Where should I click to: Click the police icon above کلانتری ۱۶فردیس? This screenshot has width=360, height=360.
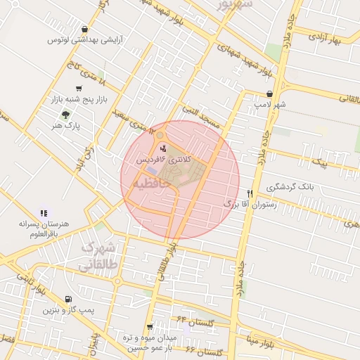[164, 148]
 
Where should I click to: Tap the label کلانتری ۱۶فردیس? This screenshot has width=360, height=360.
[165, 160]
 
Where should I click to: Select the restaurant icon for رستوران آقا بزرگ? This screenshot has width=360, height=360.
[249, 193]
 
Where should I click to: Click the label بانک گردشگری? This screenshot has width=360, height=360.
[290, 188]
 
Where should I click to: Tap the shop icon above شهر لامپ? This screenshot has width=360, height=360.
[269, 93]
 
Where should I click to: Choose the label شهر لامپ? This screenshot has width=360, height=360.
[271, 104]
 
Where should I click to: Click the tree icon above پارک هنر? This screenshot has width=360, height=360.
[65, 114]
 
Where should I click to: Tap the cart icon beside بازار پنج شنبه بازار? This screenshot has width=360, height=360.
[78, 89]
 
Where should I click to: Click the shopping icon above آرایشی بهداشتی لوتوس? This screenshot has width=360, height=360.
[84, 30]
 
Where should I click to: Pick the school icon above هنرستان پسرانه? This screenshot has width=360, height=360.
[44, 212]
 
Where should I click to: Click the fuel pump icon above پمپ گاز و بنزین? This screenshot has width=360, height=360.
[67, 299]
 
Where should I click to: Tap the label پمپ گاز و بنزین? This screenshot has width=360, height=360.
[67, 310]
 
